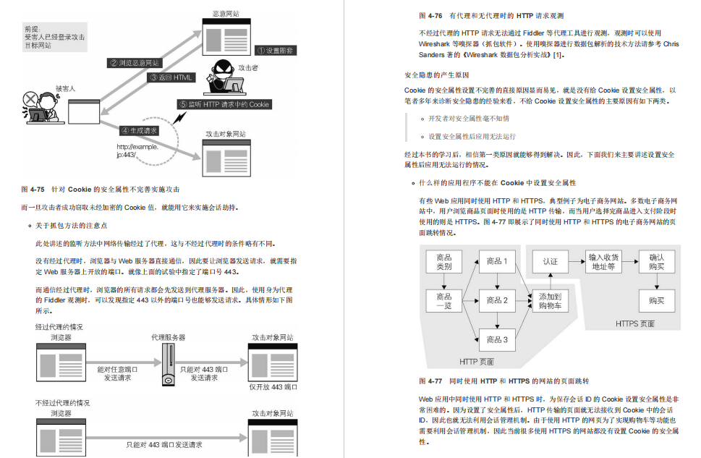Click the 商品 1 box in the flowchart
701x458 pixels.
(497, 261)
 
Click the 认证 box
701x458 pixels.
(551, 261)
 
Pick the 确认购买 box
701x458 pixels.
(656, 262)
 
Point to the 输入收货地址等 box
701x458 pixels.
(604, 262)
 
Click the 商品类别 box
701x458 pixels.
(444, 262)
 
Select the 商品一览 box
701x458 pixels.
(444, 301)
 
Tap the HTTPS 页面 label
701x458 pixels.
(635, 323)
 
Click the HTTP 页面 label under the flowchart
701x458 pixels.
(477, 361)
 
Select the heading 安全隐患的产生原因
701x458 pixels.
(436, 75)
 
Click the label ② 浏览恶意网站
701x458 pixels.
(135, 63)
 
